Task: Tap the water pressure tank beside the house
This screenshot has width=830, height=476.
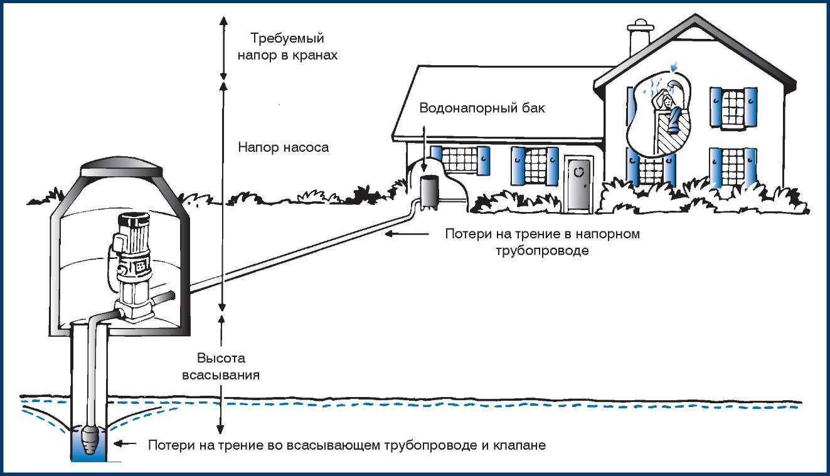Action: (x=430, y=191)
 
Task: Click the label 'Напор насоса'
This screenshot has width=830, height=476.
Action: (x=284, y=148)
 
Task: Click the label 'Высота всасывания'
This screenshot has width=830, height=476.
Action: (x=220, y=367)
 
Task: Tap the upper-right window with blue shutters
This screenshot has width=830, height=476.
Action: (x=732, y=108)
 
